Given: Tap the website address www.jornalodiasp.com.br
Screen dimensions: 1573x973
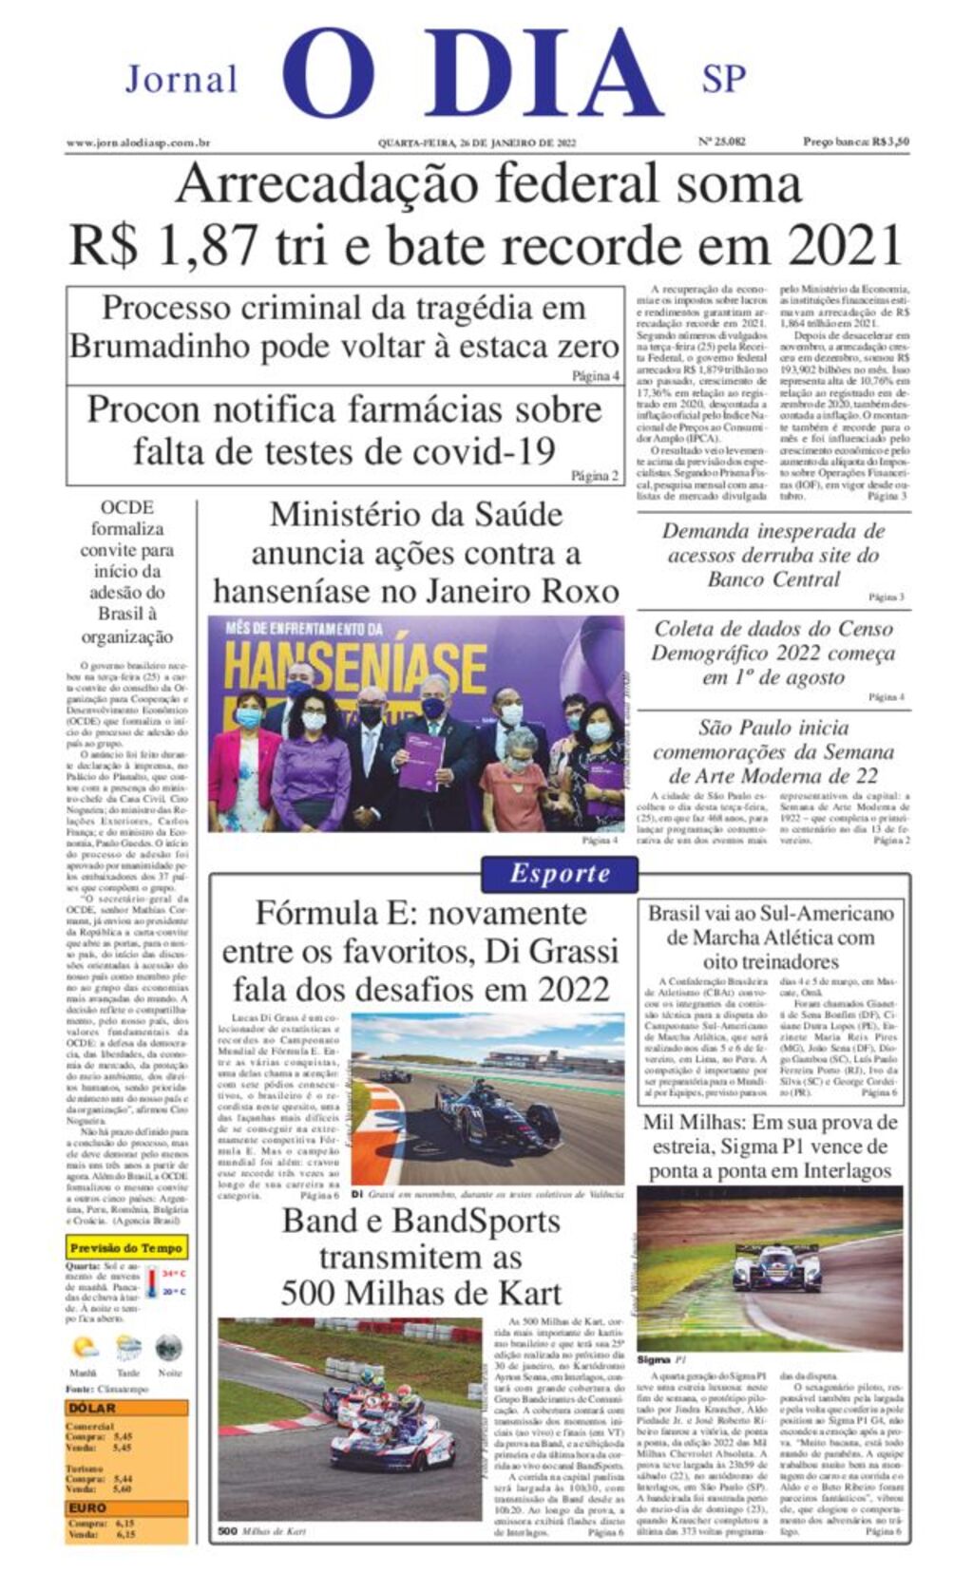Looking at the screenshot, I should pos(138,142).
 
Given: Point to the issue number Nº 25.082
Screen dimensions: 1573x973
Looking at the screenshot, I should pos(722,142).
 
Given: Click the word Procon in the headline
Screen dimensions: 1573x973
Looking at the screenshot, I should pos(143,409).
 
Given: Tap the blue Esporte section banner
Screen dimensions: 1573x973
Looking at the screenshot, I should pos(559,874).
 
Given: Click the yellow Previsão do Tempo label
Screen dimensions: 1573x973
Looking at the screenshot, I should pos(126,1248).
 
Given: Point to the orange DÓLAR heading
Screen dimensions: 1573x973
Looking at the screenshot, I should pos(92,1408).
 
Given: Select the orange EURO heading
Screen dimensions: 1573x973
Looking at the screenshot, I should pos(88,1507).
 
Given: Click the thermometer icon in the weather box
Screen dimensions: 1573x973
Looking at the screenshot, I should pos(152,1282).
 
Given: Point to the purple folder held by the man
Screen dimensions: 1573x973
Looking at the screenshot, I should pos(421,761).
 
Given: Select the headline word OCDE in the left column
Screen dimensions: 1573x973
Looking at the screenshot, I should pos(126,508).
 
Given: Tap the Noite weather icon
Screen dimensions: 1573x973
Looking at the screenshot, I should pos(169,1347).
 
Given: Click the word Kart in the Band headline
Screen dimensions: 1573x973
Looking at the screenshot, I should pos(525,1294).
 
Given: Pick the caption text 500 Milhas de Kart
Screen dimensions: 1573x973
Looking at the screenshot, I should pos(261,1531).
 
